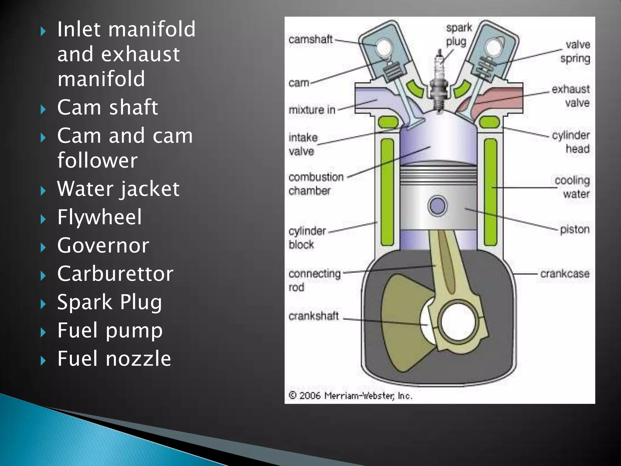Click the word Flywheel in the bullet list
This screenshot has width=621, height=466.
(99, 217)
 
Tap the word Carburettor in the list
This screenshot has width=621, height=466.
(115, 274)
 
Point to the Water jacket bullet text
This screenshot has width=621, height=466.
(118, 189)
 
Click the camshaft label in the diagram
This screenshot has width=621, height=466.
(310, 39)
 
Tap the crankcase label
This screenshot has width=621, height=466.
(565, 274)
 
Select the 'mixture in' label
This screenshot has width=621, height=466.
(312, 110)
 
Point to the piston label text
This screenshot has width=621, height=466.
(575, 229)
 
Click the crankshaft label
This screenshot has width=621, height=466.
(313, 316)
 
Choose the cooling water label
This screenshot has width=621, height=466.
(573, 187)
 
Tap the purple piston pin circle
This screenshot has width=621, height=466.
(437, 206)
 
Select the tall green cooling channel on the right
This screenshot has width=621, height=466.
(490, 192)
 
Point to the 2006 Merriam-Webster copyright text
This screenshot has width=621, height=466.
(350, 396)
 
